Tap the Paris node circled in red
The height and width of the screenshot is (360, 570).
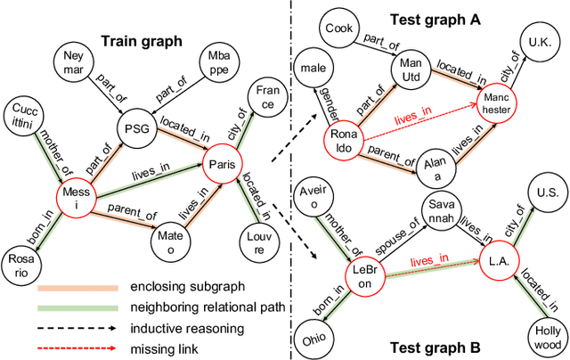tap(220, 166)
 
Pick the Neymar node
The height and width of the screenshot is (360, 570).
tap(74, 65)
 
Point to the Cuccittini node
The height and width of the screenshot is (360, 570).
tap(24, 115)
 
